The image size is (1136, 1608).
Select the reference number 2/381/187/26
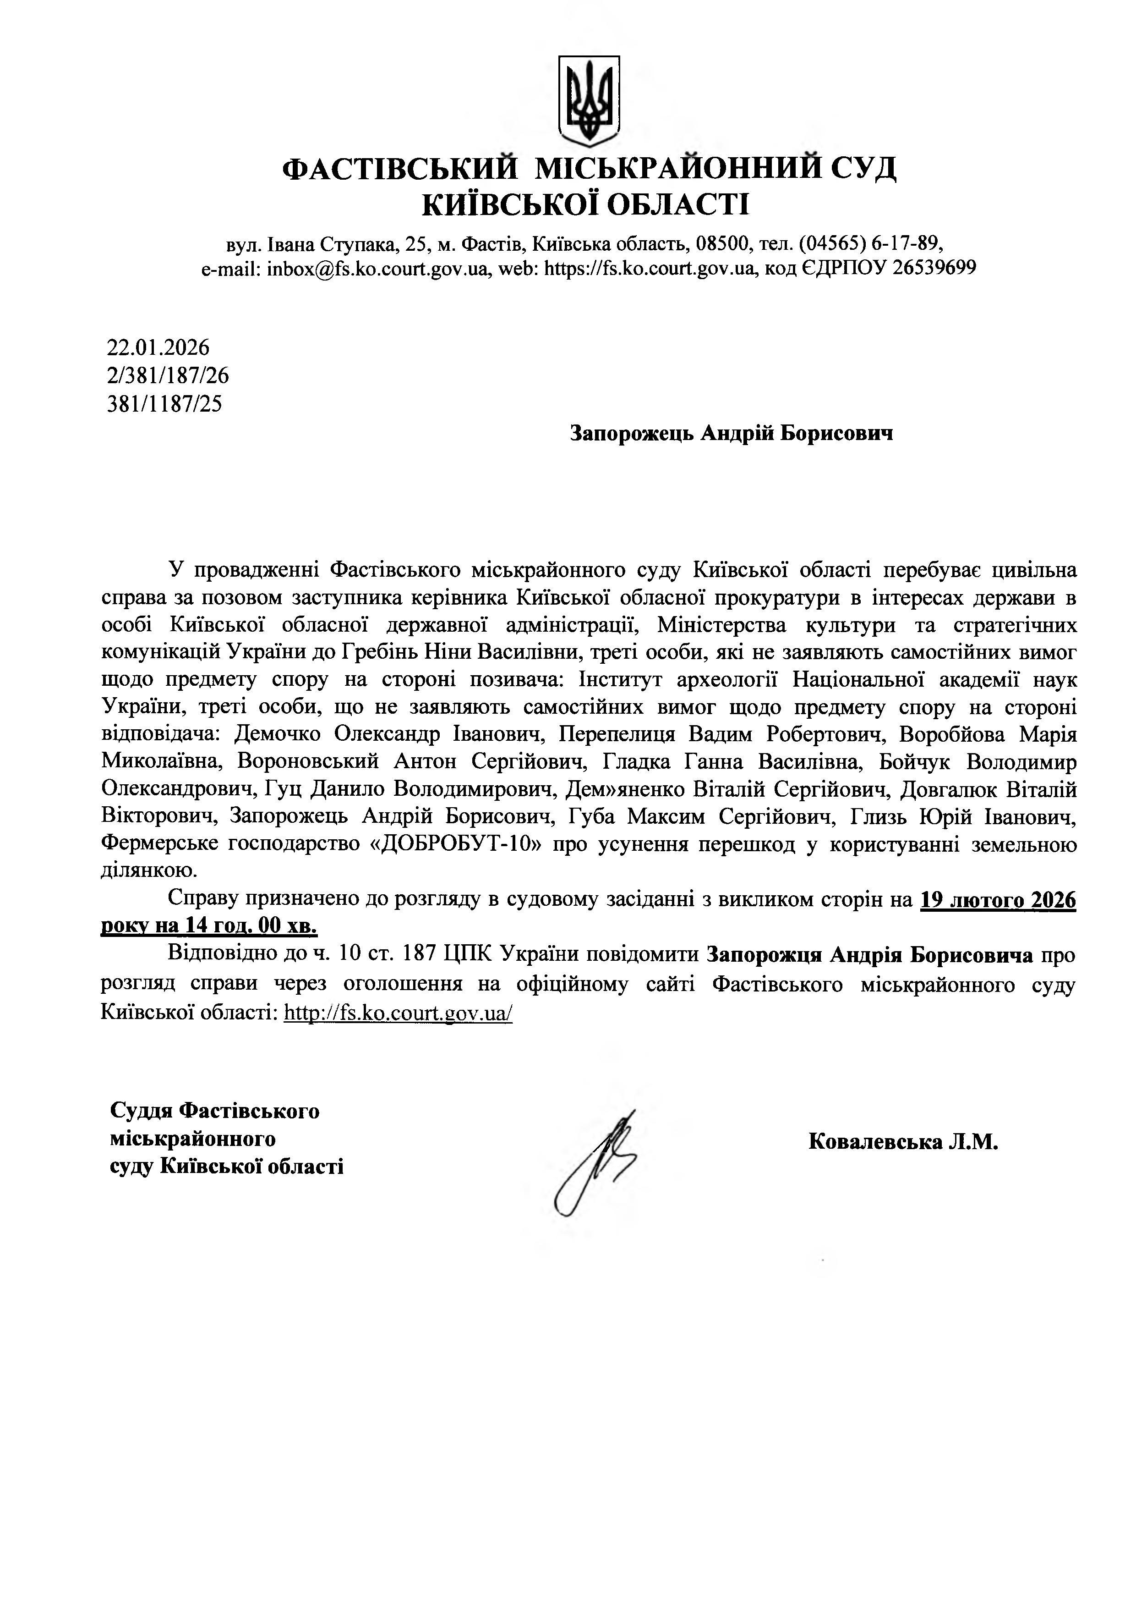(168, 375)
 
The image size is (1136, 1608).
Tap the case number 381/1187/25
(164, 404)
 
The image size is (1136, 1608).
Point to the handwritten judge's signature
(595, 1165)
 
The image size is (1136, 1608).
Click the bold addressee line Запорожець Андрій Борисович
(732, 434)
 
